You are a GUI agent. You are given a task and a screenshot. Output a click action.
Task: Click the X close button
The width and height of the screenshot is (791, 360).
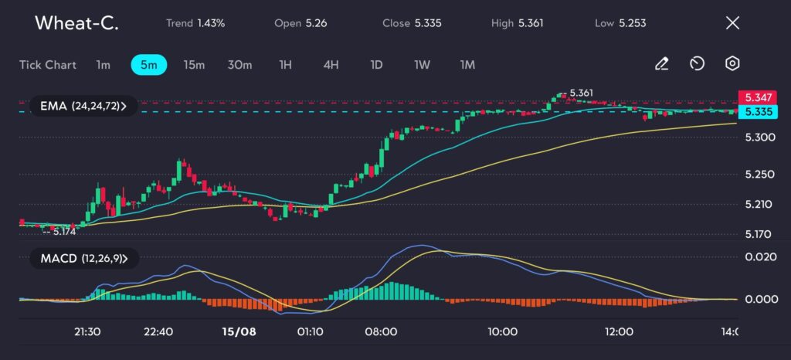point(732,23)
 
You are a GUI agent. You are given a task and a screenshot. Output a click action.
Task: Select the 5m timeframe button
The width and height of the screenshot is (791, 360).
point(148,65)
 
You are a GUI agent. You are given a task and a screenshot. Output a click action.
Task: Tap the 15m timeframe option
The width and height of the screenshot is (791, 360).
point(194,65)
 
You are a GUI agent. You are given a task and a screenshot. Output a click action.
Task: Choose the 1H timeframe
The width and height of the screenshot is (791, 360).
point(285,65)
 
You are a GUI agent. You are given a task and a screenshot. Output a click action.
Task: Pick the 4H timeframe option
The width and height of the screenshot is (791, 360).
point(331,65)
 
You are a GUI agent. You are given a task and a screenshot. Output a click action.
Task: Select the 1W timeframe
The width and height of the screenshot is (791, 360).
point(422,65)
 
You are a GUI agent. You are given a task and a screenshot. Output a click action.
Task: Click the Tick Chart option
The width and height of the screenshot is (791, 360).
point(48,65)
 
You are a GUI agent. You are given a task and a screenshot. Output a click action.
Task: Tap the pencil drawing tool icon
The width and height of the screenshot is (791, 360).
point(661,64)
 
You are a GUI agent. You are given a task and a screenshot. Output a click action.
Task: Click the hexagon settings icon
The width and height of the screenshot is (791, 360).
point(732,64)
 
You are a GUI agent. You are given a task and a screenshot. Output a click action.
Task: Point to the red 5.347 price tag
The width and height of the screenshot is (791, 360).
point(758,97)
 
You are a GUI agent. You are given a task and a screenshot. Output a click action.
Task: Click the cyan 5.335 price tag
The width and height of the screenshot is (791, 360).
point(758,112)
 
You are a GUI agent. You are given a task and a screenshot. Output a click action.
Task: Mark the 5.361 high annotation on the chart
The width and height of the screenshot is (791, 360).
point(579,93)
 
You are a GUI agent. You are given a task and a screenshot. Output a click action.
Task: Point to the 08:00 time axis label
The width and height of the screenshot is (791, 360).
point(381,331)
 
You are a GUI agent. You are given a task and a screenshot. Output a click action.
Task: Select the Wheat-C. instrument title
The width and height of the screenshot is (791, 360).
point(76,23)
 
